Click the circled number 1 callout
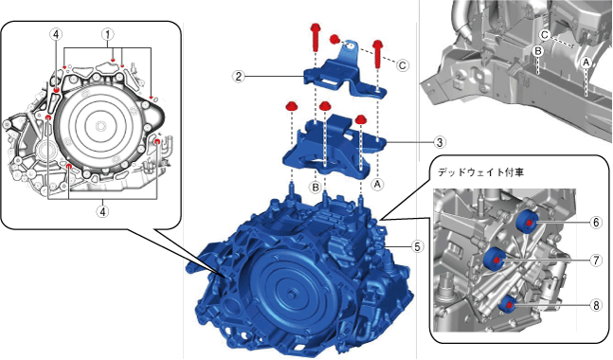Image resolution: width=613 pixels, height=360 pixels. coord(108,34)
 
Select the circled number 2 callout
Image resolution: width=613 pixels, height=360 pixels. coord(239,76)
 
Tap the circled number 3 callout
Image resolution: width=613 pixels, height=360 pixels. coord(440,142)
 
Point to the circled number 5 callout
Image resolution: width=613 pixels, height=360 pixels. coord(417,246)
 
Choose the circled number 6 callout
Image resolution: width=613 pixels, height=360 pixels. coord(596,223)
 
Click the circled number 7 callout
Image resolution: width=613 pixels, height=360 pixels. coord(596,260)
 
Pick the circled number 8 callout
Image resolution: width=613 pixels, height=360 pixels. coord(596,305)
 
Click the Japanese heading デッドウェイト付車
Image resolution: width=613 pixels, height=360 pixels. coord(480,172)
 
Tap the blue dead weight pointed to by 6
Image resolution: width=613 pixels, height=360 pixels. coord(527,222)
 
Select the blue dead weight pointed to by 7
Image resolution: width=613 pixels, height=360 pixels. coord(495,259)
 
